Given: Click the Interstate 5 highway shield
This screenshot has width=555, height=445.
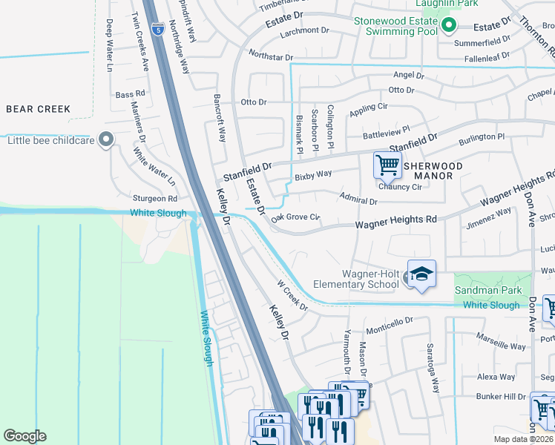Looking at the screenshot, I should (x=158, y=30).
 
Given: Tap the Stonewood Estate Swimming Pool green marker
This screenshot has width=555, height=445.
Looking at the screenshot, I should (x=448, y=27).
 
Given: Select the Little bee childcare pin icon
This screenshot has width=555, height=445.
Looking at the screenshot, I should (x=106, y=139).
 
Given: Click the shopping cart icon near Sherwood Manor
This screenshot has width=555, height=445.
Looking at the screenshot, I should (x=387, y=165).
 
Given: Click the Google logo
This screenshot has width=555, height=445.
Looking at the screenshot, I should (x=24, y=436).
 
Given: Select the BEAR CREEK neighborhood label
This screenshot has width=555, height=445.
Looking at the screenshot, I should (x=39, y=109).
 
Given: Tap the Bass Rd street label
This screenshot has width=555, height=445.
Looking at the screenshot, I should (x=129, y=95).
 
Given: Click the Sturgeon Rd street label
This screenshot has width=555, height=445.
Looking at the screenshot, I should (x=155, y=199).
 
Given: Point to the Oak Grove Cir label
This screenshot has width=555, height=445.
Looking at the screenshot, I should (x=295, y=218).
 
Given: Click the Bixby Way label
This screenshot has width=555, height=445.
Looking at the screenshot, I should (x=312, y=177).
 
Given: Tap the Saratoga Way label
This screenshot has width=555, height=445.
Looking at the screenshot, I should (x=433, y=367).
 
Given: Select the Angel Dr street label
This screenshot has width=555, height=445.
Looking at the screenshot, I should (x=408, y=75).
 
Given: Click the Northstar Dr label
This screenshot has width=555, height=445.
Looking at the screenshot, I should (x=272, y=56).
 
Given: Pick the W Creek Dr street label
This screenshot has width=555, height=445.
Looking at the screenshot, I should (x=292, y=295).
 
